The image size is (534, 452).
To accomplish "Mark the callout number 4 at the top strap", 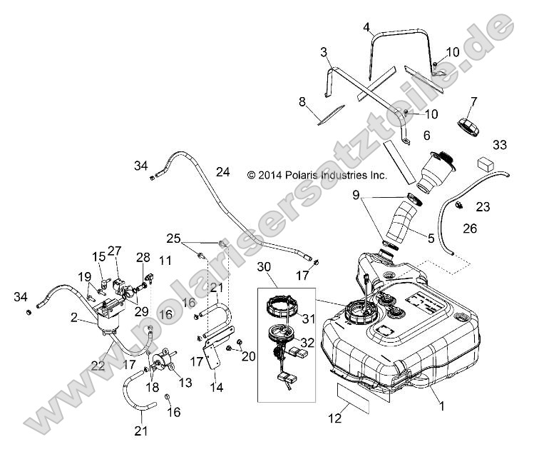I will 366,27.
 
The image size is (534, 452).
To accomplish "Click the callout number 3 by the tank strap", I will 324,52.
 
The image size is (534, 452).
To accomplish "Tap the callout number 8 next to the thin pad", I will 302,101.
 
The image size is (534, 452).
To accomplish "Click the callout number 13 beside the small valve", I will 186,383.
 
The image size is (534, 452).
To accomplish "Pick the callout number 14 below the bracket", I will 215,388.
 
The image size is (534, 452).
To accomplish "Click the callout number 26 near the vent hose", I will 468,229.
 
